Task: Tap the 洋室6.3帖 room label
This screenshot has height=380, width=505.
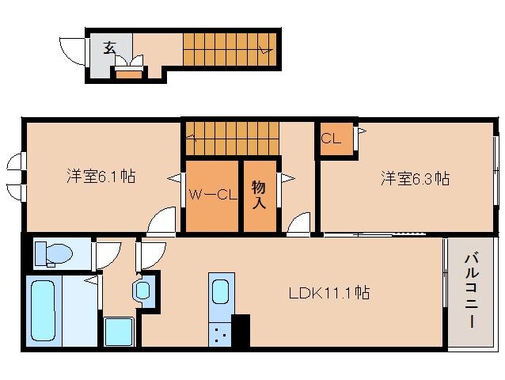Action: pyautogui.click(x=415, y=179)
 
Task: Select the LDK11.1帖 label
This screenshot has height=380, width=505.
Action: pyautogui.click(x=329, y=293)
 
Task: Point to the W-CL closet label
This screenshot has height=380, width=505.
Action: pyautogui.click(x=211, y=193)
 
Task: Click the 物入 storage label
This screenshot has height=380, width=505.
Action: pyautogui.click(x=259, y=195)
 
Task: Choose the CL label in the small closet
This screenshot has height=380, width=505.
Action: pyautogui.click(x=331, y=139)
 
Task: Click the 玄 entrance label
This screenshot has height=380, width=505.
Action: pyautogui.click(x=108, y=47)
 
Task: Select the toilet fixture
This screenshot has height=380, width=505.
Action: pyautogui.click(x=54, y=254)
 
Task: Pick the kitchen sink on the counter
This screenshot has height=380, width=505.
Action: pyautogui.click(x=220, y=292)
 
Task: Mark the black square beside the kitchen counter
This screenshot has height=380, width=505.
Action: pyautogui.click(x=240, y=330)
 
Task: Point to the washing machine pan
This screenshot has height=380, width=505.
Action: pyautogui.click(x=120, y=331)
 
